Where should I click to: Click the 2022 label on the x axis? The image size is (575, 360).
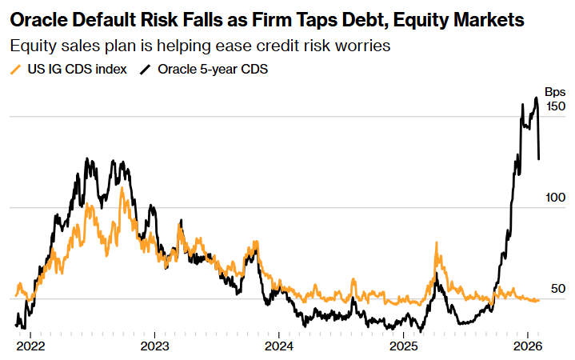pyautogui.click(x=30, y=346)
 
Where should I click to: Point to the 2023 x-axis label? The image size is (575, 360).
pyautogui.click(x=154, y=346)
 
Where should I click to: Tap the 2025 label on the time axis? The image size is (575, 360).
pyautogui.click(x=403, y=346)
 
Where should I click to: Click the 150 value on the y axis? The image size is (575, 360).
pyautogui.click(x=555, y=106)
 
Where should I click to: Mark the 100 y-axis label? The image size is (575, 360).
pyautogui.click(x=555, y=198)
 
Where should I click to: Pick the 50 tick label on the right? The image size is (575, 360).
pyautogui.click(x=558, y=289)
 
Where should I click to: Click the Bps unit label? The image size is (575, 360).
pyautogui.click(x=555, y=92)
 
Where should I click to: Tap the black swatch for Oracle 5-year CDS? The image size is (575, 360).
pyautogui.click(x=144, y=70)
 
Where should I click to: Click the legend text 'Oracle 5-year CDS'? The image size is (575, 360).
pyautogui.click(x=213, y=70)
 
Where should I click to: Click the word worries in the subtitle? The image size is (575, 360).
pyautogui.click(x=364, y=46)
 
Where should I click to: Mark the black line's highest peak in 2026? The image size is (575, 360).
pyautogui.click(x=536, y=98)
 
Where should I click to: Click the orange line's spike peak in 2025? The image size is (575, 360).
pyautogui.click(x=437, y=242)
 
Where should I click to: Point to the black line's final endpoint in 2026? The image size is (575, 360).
pyautogui.click(x=539, y=159)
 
